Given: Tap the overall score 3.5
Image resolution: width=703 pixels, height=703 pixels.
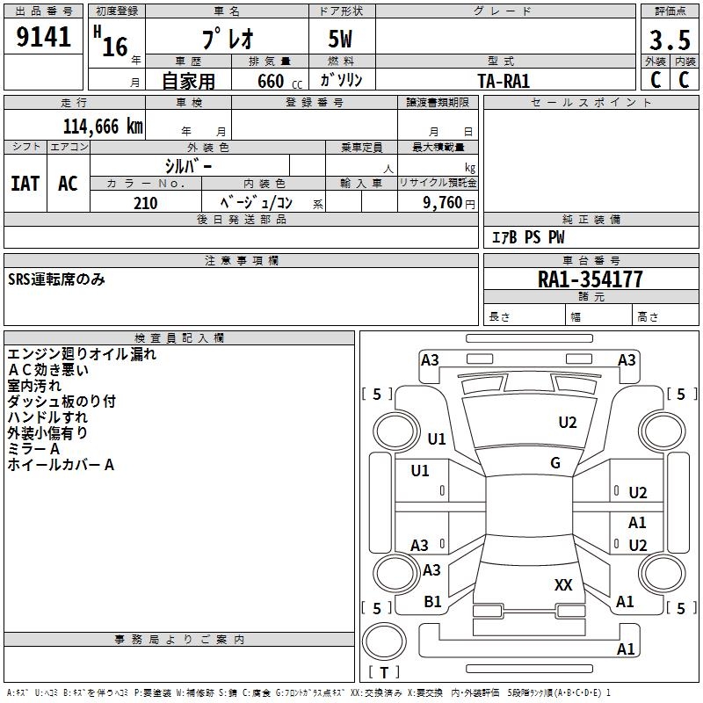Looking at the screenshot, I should click(x=669, y=40).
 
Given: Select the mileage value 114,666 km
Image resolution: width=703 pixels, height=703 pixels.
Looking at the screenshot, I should click(x=103, y=126).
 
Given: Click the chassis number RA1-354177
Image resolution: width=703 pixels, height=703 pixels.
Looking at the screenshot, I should click(x=590, y=280).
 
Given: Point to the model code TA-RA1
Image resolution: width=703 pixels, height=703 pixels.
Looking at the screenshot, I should click(x=504, y=80).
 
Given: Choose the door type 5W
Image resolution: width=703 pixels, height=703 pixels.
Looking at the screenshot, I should click(x=341, y=40).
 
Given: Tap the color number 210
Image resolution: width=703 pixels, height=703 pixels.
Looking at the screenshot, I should click(x=145, y=202).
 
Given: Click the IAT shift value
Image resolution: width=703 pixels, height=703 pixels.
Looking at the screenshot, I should click(x=25, y=183).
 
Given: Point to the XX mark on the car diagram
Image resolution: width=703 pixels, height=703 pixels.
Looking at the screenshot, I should click(x=563, y=584).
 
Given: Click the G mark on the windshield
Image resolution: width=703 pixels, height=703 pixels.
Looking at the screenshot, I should click(x=555, y=463).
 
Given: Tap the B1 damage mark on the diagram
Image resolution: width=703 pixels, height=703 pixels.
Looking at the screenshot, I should click(x=432, y=602).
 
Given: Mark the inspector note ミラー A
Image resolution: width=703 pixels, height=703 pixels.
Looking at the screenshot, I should click(x=33, y=449).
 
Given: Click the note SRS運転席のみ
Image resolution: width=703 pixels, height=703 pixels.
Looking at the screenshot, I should click(x=56, y=280).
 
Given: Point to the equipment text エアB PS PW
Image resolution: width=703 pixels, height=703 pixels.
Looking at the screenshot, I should click(x=527, y=237).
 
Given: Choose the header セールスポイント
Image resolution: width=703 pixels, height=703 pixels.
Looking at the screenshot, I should click(x=591, y=103).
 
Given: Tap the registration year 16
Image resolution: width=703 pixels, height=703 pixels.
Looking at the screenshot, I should click(x=115, y=46).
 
